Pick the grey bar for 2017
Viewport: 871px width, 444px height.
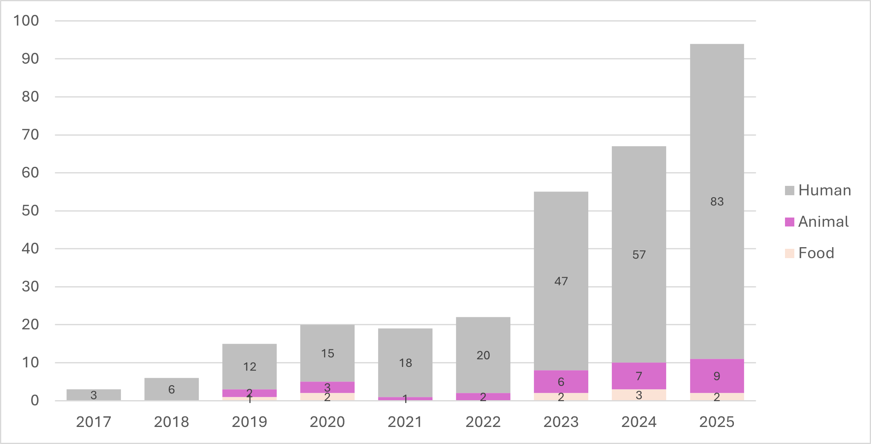[x=94, y=395]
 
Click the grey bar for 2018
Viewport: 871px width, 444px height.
[x=172, y=389]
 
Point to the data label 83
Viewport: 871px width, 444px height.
[x=717, y=201]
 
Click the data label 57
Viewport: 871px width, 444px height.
[x=639, y=254]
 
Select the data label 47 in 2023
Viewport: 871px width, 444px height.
[x=561, y=281]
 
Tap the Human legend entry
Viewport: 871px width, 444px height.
[x=817, y=190]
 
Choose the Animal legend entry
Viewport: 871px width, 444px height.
[x=817, y=222]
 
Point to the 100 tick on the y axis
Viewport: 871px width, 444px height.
[x=26, y=21]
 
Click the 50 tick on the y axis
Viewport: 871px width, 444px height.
[x=30, y=211]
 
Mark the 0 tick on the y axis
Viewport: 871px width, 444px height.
[x=35, y=401]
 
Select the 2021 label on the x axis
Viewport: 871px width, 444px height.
[x=405, y=422]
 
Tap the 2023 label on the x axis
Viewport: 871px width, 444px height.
[x=561, y=422]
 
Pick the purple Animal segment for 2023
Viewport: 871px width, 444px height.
[x=561, y=381]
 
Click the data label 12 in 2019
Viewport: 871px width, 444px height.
[x=249, y=366]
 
